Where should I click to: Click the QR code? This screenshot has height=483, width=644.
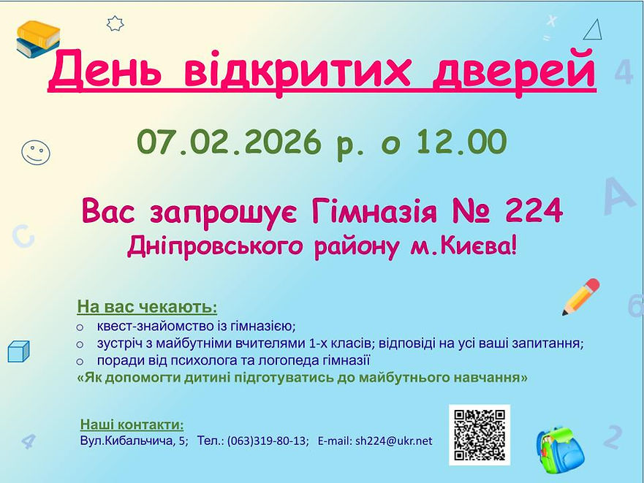click(480, 434)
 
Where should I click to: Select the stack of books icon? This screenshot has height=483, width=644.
click(38, 39)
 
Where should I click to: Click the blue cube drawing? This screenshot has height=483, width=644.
click(18, 351)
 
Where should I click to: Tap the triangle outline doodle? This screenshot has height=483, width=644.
click(593, 30)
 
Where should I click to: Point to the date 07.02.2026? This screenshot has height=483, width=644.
click(228, 142)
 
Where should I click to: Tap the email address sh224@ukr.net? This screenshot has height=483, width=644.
click(393, 441)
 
